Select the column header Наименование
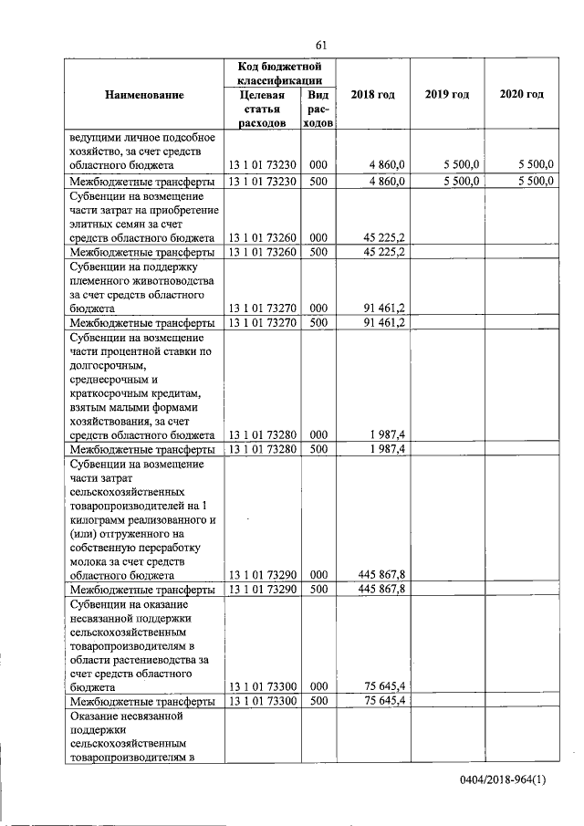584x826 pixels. [x=144, y=95]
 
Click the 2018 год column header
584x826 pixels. [x=372, y=95]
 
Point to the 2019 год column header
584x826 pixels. [x=447, y=95]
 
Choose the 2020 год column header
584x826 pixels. [x=522, y=95]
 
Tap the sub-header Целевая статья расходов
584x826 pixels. [x=263, y=109]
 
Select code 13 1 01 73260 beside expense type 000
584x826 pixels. [x=263, y=237]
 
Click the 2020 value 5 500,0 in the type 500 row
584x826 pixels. [x=535, y=181]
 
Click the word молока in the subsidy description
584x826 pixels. [x=89, y=561]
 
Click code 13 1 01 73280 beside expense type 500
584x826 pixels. [x=263, y=449]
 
